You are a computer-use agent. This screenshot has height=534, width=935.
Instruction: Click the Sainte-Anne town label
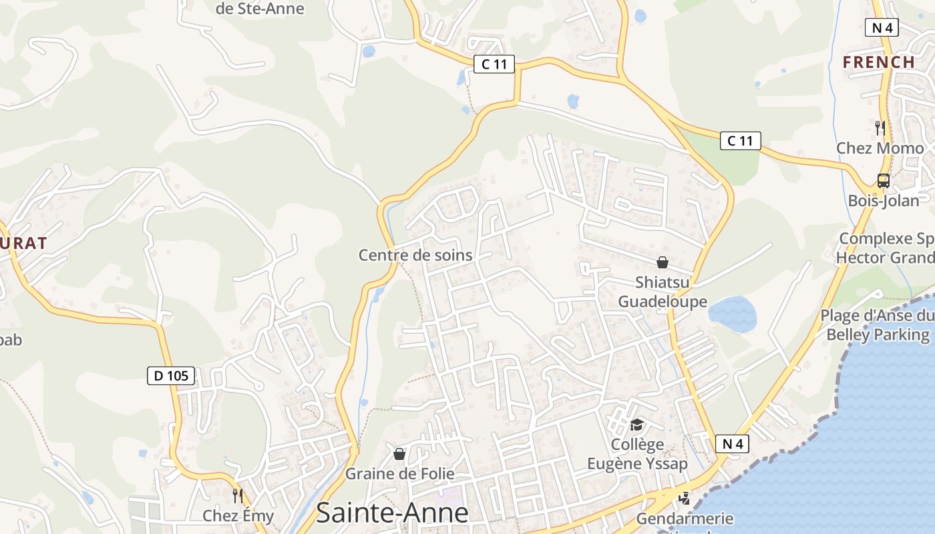point(392,513)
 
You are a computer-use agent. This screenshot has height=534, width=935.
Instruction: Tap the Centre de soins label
point(415,255)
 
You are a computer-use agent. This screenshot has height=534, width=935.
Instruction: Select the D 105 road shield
point(171,376)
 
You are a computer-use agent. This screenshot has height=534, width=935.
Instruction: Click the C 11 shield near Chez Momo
point(740,141)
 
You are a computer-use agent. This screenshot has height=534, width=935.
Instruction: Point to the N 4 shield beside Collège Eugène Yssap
point(732,444)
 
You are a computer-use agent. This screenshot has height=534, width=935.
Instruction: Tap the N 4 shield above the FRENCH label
point(882,27)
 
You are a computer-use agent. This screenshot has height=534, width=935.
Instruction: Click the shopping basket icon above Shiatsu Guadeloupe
point(663,262)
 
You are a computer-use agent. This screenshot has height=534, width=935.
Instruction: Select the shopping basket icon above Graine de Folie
point(399,454)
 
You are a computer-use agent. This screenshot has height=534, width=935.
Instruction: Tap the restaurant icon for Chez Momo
point(880,127)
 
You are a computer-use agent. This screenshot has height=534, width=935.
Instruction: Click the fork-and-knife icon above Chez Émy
point(237,496)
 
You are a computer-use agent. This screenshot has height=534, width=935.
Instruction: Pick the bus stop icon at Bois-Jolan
point(883,180)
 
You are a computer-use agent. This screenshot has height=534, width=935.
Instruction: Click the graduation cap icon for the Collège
point(636,425)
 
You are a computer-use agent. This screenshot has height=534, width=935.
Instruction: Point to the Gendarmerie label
point(685,519)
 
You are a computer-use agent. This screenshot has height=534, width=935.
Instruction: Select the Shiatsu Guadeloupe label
point(662,292)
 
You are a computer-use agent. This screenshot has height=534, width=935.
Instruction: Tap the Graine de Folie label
point(399,474)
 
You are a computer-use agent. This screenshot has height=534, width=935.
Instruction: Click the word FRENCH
point(879,62)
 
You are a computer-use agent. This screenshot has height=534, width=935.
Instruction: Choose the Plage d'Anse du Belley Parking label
point(878,325)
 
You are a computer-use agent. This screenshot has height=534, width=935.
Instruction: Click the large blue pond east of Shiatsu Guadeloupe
point(732,314)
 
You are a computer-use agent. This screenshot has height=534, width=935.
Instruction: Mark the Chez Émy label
point(238,516)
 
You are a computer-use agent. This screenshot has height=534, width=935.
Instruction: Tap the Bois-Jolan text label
point(883,200)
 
